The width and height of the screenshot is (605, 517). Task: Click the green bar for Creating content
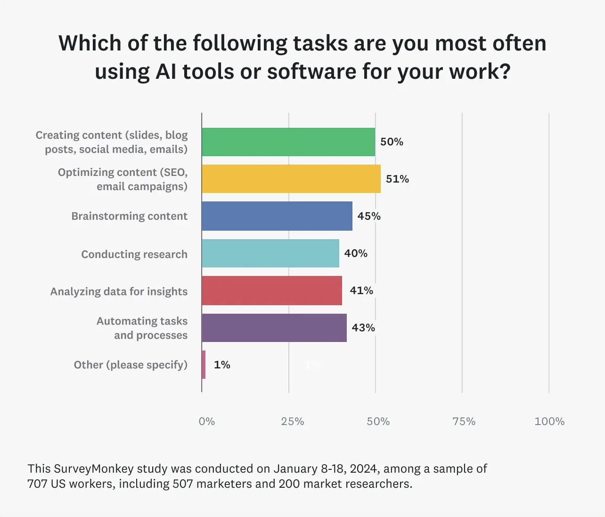click(x=288, y=142)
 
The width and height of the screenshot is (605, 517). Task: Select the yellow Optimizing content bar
click(x=291, y=179)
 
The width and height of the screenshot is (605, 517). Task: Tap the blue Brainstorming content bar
click(x=277, y=216)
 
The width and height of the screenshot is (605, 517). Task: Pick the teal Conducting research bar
click(x=270, y=253)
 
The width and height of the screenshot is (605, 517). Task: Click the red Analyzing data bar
click(x=272, y=291)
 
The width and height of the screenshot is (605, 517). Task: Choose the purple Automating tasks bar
click(x=274, y=328)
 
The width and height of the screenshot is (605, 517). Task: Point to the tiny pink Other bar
click(x=204, y=365)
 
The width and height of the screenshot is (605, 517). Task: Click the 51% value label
click(x=397, y=179)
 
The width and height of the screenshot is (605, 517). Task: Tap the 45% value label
click(x=369, y=216)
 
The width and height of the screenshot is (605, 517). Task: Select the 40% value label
click(x=356, y=253)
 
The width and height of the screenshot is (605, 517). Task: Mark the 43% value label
click(x=363, y=328)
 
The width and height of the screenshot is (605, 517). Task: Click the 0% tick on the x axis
click(x=207, y=422)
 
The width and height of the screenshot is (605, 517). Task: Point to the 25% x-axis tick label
click(x=293, y=422)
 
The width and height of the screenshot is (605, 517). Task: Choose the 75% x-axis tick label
click(x=464, y=422)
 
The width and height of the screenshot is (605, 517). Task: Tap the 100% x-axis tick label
click(x=549, y=422)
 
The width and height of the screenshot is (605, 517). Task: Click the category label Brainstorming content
click(x=130, y=216)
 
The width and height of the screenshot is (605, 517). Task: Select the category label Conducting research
click(x=134, y=254)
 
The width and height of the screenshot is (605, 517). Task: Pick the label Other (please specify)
click(x=131, y=365)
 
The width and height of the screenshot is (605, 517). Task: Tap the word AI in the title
click(x=166, y=72)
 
